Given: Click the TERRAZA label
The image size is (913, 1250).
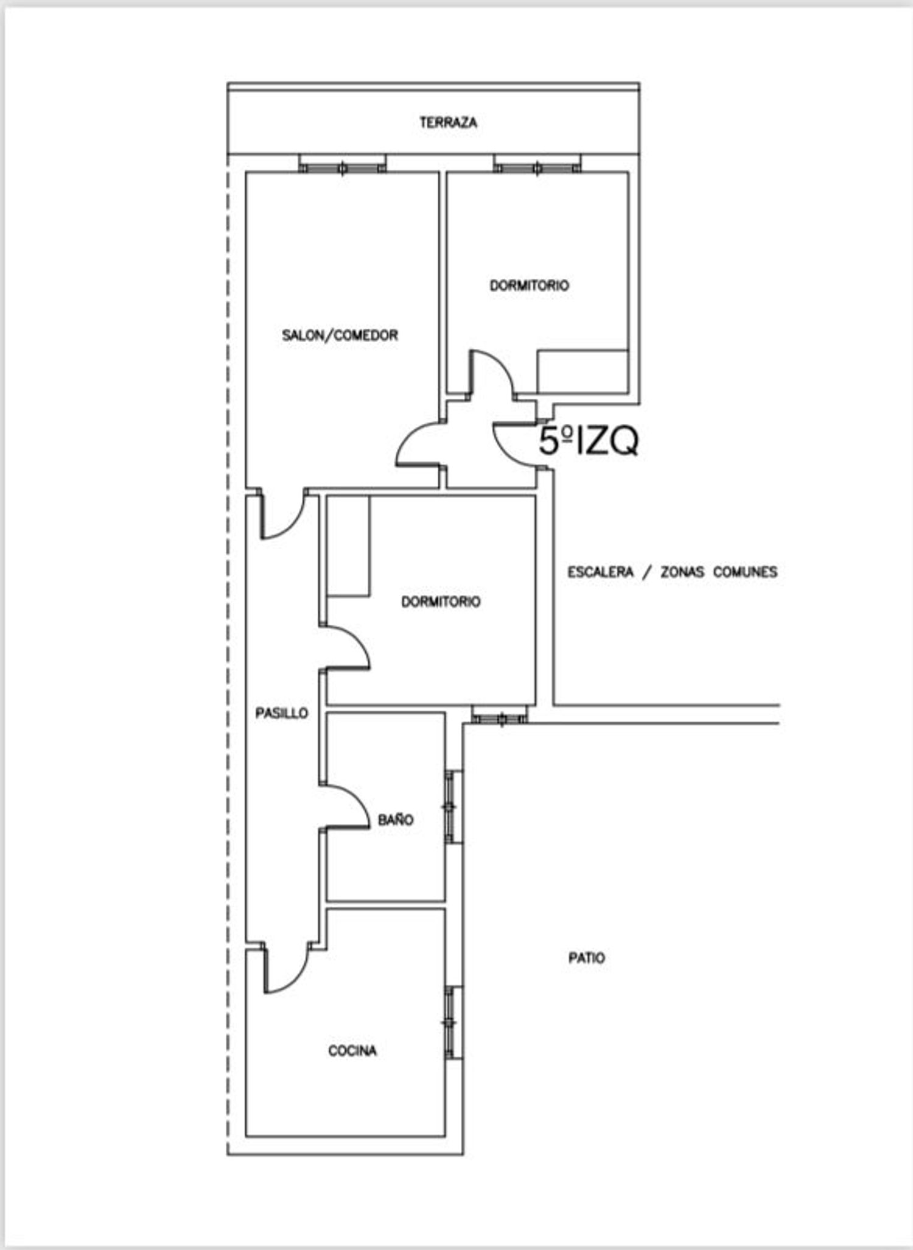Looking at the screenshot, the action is (x=448, y=122).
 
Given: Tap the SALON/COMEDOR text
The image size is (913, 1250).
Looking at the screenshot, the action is (x=340, y=335).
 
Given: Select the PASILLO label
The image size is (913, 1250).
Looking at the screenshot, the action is (x=281, y=713).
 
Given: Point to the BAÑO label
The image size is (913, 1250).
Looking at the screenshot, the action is (x=396, y=819).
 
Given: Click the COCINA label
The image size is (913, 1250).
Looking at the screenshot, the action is (x=352, y=1050).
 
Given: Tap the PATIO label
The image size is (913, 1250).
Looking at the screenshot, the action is (x=587, y=958).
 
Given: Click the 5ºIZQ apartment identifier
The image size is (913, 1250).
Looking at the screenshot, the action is (x=589, y=441).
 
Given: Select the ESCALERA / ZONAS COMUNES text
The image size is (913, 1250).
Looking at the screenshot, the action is (x=673, y=572).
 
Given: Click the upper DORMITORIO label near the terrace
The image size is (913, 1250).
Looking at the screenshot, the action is (x=530, y=285).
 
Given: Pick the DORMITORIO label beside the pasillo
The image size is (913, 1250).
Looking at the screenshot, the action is (x=441, y=602).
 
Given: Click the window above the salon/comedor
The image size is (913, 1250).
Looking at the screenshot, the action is (x=342, y=164).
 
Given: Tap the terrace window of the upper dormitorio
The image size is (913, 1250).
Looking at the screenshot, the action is (x=537, y=164).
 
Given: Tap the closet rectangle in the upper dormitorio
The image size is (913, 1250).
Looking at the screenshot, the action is (x=582, y=371).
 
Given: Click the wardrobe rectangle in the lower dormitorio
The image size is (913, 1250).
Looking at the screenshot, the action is (x=348, y=546).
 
